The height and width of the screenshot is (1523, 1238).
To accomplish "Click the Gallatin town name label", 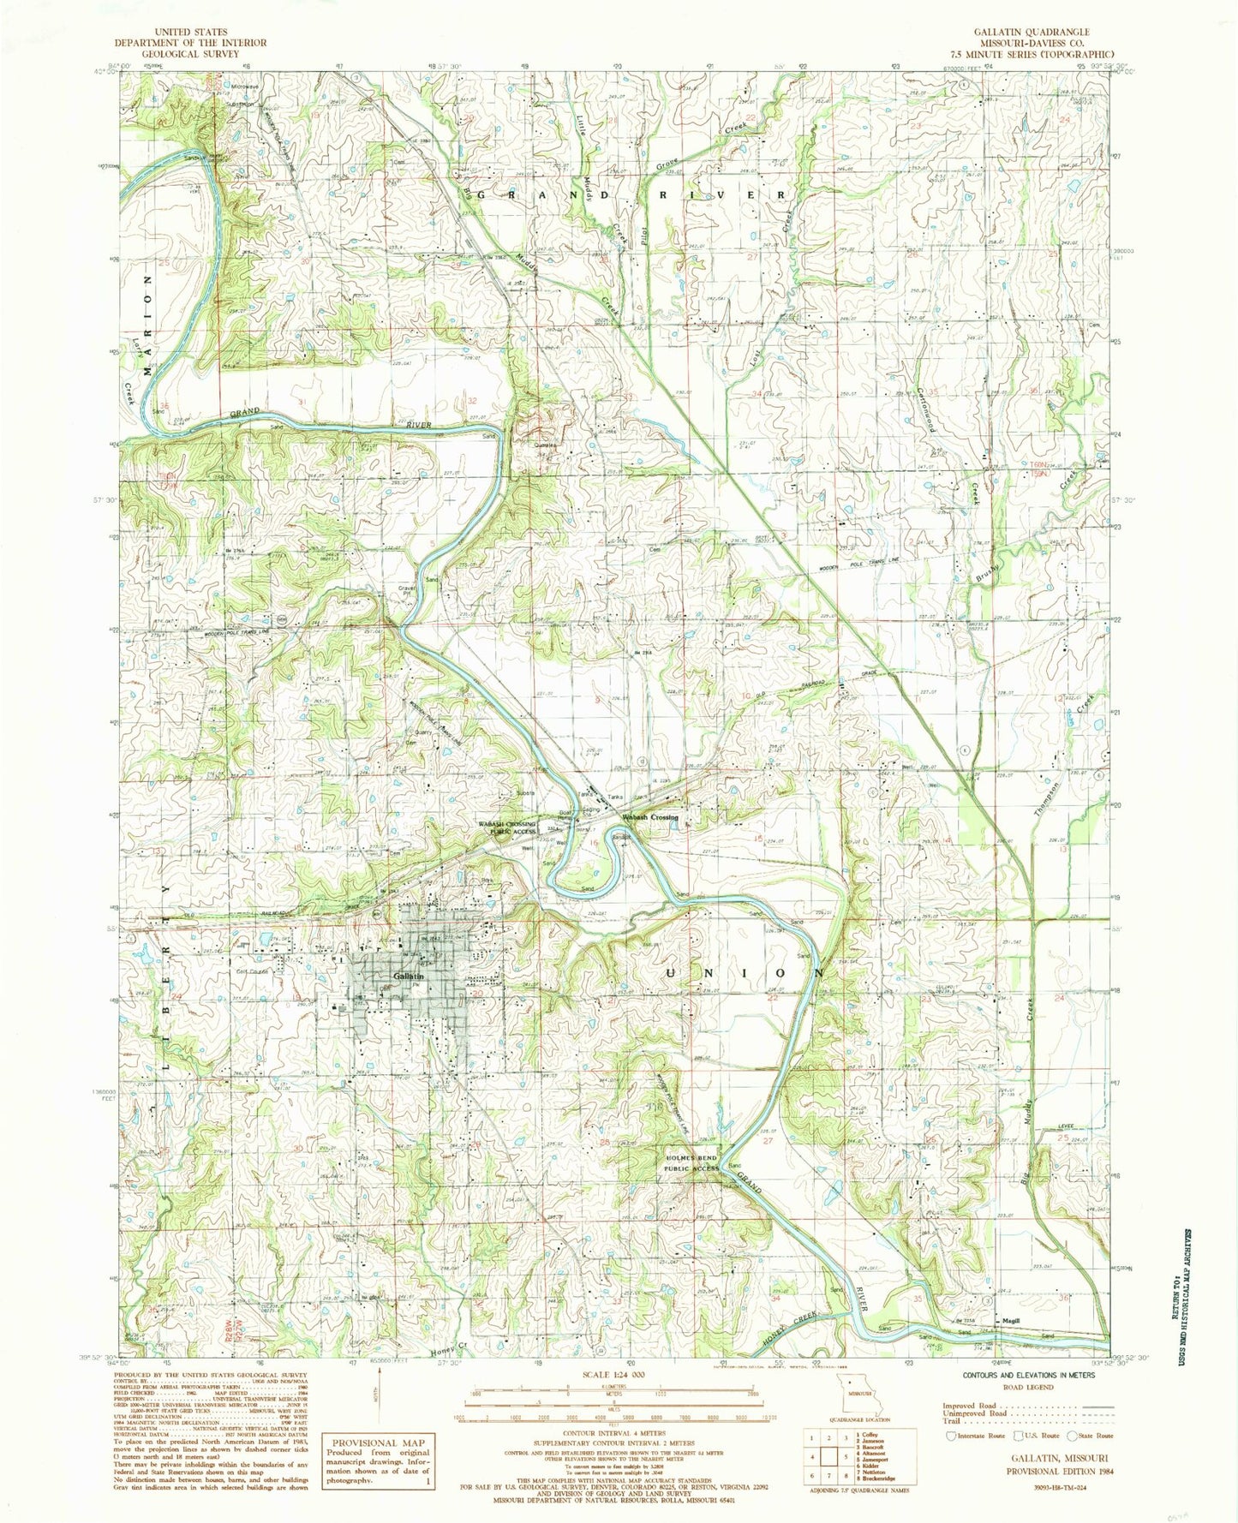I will coord(408,976).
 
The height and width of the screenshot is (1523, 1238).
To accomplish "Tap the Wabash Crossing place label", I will coord(651,817).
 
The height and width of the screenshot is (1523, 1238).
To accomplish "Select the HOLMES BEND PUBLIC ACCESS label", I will coord(693,1163).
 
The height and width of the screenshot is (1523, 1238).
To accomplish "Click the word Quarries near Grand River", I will coord(545,445).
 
